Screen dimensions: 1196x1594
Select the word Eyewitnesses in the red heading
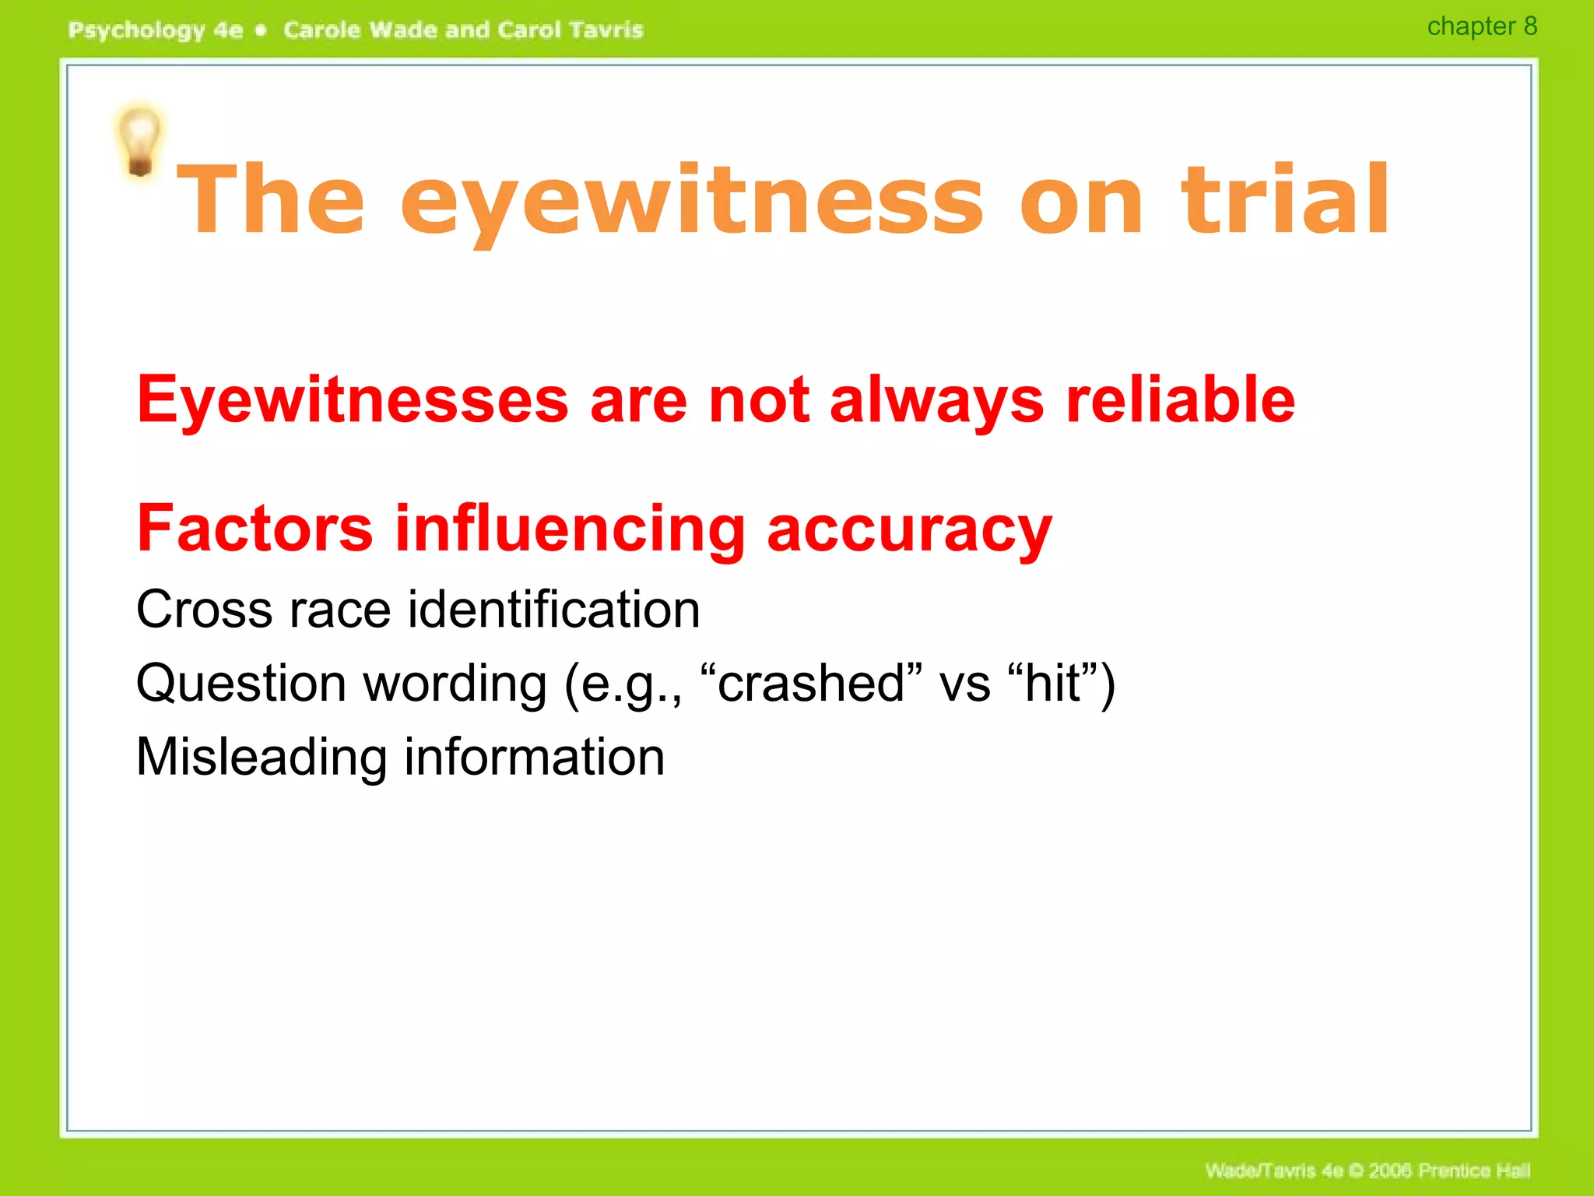coord(353,400)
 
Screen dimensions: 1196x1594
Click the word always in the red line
coord(936,400)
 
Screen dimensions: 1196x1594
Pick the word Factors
coord(255,528)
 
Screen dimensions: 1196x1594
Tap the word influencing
coord(571,529)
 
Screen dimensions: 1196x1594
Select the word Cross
coord(204,609)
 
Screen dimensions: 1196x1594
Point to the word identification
coord(553,609)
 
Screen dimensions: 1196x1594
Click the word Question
coord(241,684)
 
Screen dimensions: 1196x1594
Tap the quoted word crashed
coord(811,683)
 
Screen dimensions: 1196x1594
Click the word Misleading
coord(262,757)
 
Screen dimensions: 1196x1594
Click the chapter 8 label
coord(1481,26)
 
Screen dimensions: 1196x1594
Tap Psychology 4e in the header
coord(156,30)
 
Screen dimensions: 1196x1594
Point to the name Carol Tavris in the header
coord(570,30)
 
